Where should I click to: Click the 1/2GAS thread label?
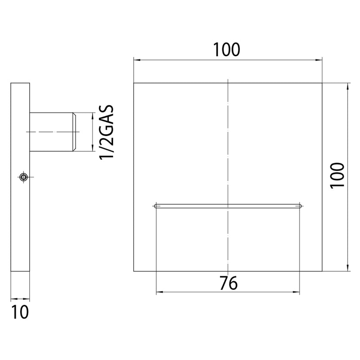click(106, 132)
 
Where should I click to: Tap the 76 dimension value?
click(229, 283)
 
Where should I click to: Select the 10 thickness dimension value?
click(20, 312)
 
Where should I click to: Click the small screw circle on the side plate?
click(23, 177)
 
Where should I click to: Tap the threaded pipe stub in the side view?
click(53, 132)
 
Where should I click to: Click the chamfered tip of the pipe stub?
click(74, 132)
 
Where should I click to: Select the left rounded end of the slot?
click(156, 206)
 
